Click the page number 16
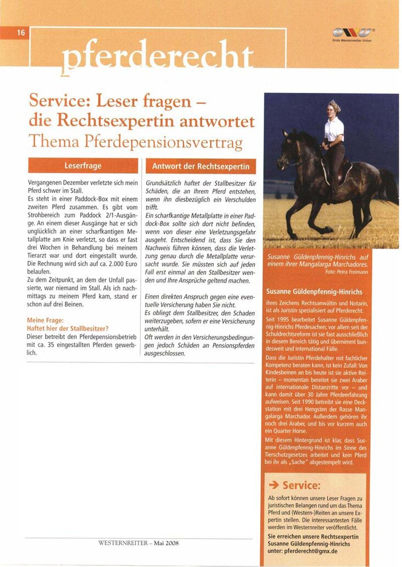point(21,32)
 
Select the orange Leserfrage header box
point(83,165)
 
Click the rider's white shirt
point(334,130)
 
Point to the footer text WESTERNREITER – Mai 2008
point(138,543)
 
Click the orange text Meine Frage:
point(44,320)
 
